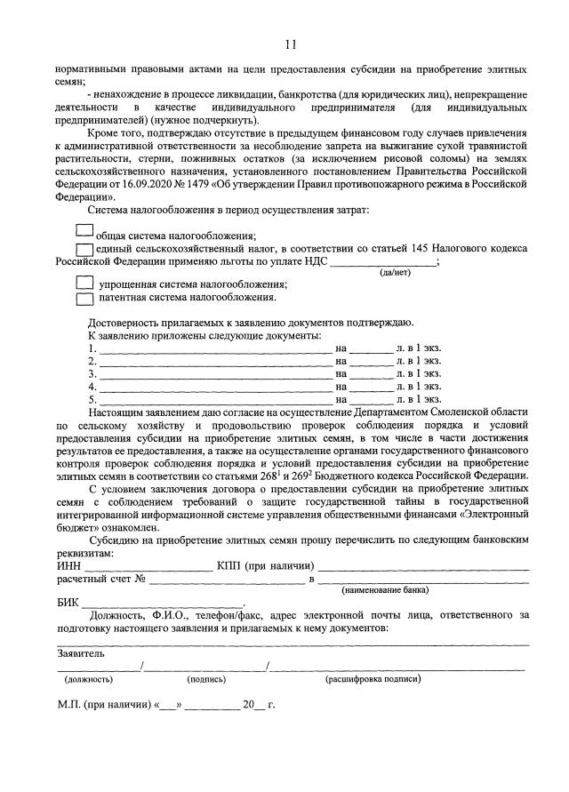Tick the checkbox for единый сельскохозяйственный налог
click(85, 250)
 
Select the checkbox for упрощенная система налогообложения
click(85, 283)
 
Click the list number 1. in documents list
click(92, 348)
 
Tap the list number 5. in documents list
click(92, 400)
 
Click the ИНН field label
click(68, 565)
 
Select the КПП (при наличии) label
click(265, 565)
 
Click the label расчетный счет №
click(100, 579)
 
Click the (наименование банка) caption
click(385, 589)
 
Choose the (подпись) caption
click(206, 679)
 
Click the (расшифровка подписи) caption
click(373, 679)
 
